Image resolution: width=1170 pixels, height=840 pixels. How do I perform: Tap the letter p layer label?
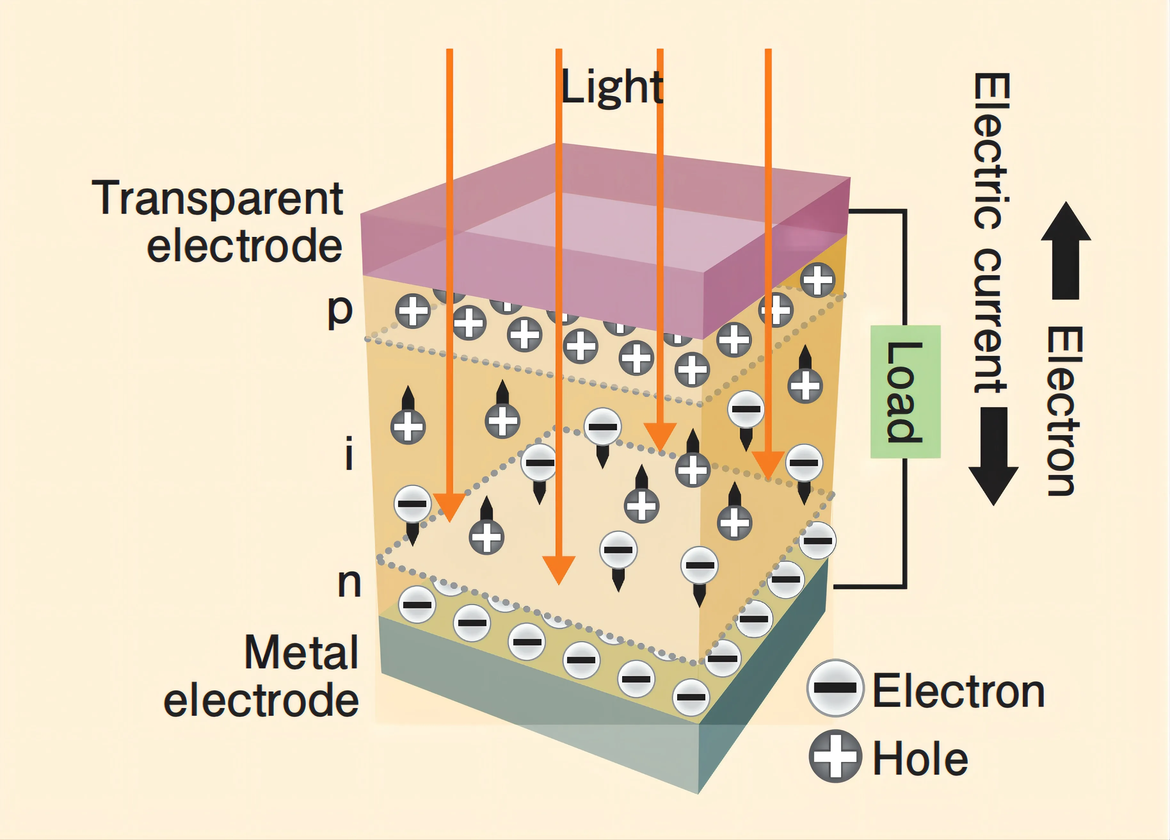341,311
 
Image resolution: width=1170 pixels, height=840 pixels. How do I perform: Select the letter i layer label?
349,453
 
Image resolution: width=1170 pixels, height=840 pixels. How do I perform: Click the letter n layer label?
349,583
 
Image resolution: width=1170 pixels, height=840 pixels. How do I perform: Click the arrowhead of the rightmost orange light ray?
768,464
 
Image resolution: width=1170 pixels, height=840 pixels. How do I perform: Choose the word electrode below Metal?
261,700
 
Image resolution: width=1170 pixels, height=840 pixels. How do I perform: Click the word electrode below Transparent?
244,246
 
